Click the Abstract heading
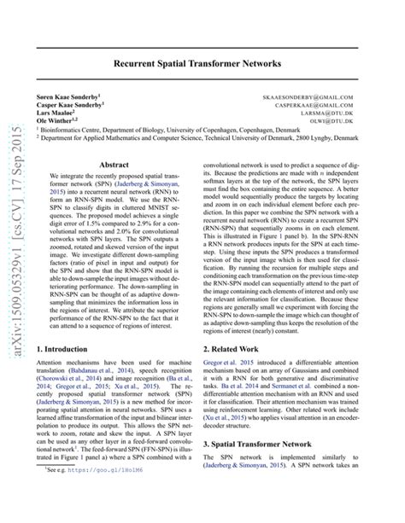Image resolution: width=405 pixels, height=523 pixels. coord(114,165)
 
